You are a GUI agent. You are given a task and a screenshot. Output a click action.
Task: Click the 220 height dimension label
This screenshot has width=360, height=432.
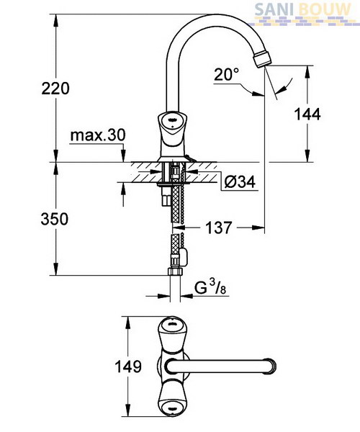(55, 89)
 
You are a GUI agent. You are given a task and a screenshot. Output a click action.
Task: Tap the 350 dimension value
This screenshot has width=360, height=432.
(55, 220)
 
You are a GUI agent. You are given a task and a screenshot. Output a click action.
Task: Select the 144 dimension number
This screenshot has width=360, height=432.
(307, 114)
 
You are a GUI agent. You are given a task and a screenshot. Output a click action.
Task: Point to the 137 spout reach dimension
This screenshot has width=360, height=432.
(219, 228)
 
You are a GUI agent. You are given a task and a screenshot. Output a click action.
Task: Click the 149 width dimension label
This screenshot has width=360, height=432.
(128, 366)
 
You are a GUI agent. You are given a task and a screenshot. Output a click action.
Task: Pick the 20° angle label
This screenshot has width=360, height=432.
(227, 74)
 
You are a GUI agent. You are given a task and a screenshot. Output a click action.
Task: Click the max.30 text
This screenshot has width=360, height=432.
(98, 135)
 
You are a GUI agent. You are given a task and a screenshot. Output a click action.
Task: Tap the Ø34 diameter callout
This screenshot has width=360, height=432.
(240, 182)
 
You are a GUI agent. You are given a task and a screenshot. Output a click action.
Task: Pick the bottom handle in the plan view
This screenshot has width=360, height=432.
(171, 402)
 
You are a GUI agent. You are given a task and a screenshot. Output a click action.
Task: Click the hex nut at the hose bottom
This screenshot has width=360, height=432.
(175, 271)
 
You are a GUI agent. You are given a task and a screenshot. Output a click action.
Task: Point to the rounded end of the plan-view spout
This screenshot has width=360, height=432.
(271, 366)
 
